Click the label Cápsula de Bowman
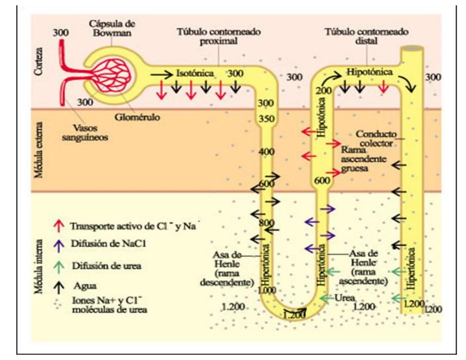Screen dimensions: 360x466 (x=112, y=28)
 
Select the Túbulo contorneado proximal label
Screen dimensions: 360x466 (x=218, y=36)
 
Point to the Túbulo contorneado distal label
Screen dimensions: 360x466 (x=367, y=36)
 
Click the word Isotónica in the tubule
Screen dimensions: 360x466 (x=195, y=73)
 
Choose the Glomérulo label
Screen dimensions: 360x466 (x=137, y=117)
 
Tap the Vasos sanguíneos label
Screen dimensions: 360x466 (x=85, y=133)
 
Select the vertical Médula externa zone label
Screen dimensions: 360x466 (x=39, y=150)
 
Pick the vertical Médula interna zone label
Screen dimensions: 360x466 (x=39, y=267)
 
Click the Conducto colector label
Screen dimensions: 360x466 (x=376, y=139)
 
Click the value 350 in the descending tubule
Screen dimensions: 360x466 (x=267, y=119)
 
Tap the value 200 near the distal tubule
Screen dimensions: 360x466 (x=324, y=91)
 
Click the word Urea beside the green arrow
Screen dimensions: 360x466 (x=345, y=298)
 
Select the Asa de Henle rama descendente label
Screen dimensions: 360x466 (x=227, y=269)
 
